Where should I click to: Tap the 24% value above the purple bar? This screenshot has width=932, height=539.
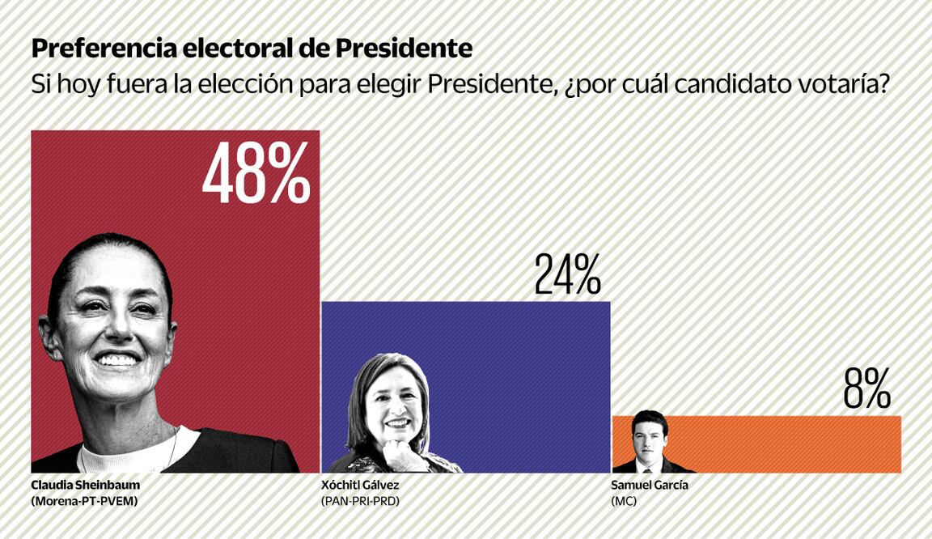tap(567, 274)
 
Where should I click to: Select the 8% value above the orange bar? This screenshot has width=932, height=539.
tap(866, 389)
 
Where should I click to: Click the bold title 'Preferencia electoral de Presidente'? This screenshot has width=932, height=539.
tap(252, 49)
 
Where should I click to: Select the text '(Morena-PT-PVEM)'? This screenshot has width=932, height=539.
tap(84, 502)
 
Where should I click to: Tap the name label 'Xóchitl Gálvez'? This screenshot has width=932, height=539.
tap(360, 486)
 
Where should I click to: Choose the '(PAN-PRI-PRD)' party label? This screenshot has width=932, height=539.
tap(361, 502)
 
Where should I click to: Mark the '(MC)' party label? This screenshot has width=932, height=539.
tap(624, 502)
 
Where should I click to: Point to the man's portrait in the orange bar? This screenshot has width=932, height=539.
tap(650, 442)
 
